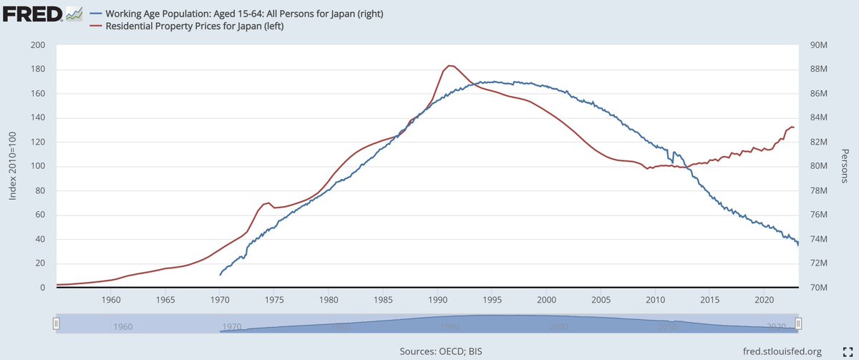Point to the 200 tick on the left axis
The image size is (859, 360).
click(x=38, y=45)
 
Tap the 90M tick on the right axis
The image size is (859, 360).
click(x=817, y=45)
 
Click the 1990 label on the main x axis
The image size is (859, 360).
click(x=437, y=299)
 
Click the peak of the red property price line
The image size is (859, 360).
click(x=450, y=66)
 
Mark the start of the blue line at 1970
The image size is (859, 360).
click(x=220, y=275)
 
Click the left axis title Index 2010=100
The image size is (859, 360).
click(x=12, y=167)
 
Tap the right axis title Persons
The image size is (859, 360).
click(x=845, y=166)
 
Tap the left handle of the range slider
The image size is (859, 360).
click(x=57, y=323)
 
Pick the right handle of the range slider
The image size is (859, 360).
click(x=800, y=323)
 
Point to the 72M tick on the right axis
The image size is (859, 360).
click(x=817, y=263)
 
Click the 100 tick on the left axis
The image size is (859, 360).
click(x=38, y=167)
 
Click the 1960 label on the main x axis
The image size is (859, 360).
click(x=110, y=299)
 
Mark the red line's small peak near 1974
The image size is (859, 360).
click(x=267, y=203)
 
